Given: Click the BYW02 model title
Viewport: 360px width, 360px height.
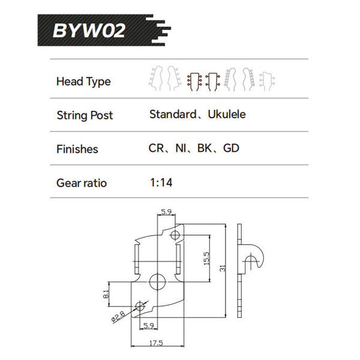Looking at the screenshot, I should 89,29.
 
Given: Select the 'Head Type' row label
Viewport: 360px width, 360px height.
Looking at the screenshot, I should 83,82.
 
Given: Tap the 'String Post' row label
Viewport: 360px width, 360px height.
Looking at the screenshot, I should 84,115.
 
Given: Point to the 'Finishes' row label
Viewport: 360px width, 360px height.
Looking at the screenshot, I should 77,149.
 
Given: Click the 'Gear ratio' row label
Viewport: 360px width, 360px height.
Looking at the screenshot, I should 81,182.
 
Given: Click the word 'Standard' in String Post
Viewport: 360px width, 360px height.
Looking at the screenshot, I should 173,114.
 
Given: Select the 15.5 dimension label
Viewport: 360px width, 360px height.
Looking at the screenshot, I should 206,257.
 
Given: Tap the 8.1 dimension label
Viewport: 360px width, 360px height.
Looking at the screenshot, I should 106,295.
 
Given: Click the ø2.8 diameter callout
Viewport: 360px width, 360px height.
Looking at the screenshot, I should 118,316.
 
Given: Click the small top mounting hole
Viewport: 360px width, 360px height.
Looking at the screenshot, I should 175,233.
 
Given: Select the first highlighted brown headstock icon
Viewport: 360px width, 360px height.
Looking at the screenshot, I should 193,80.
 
